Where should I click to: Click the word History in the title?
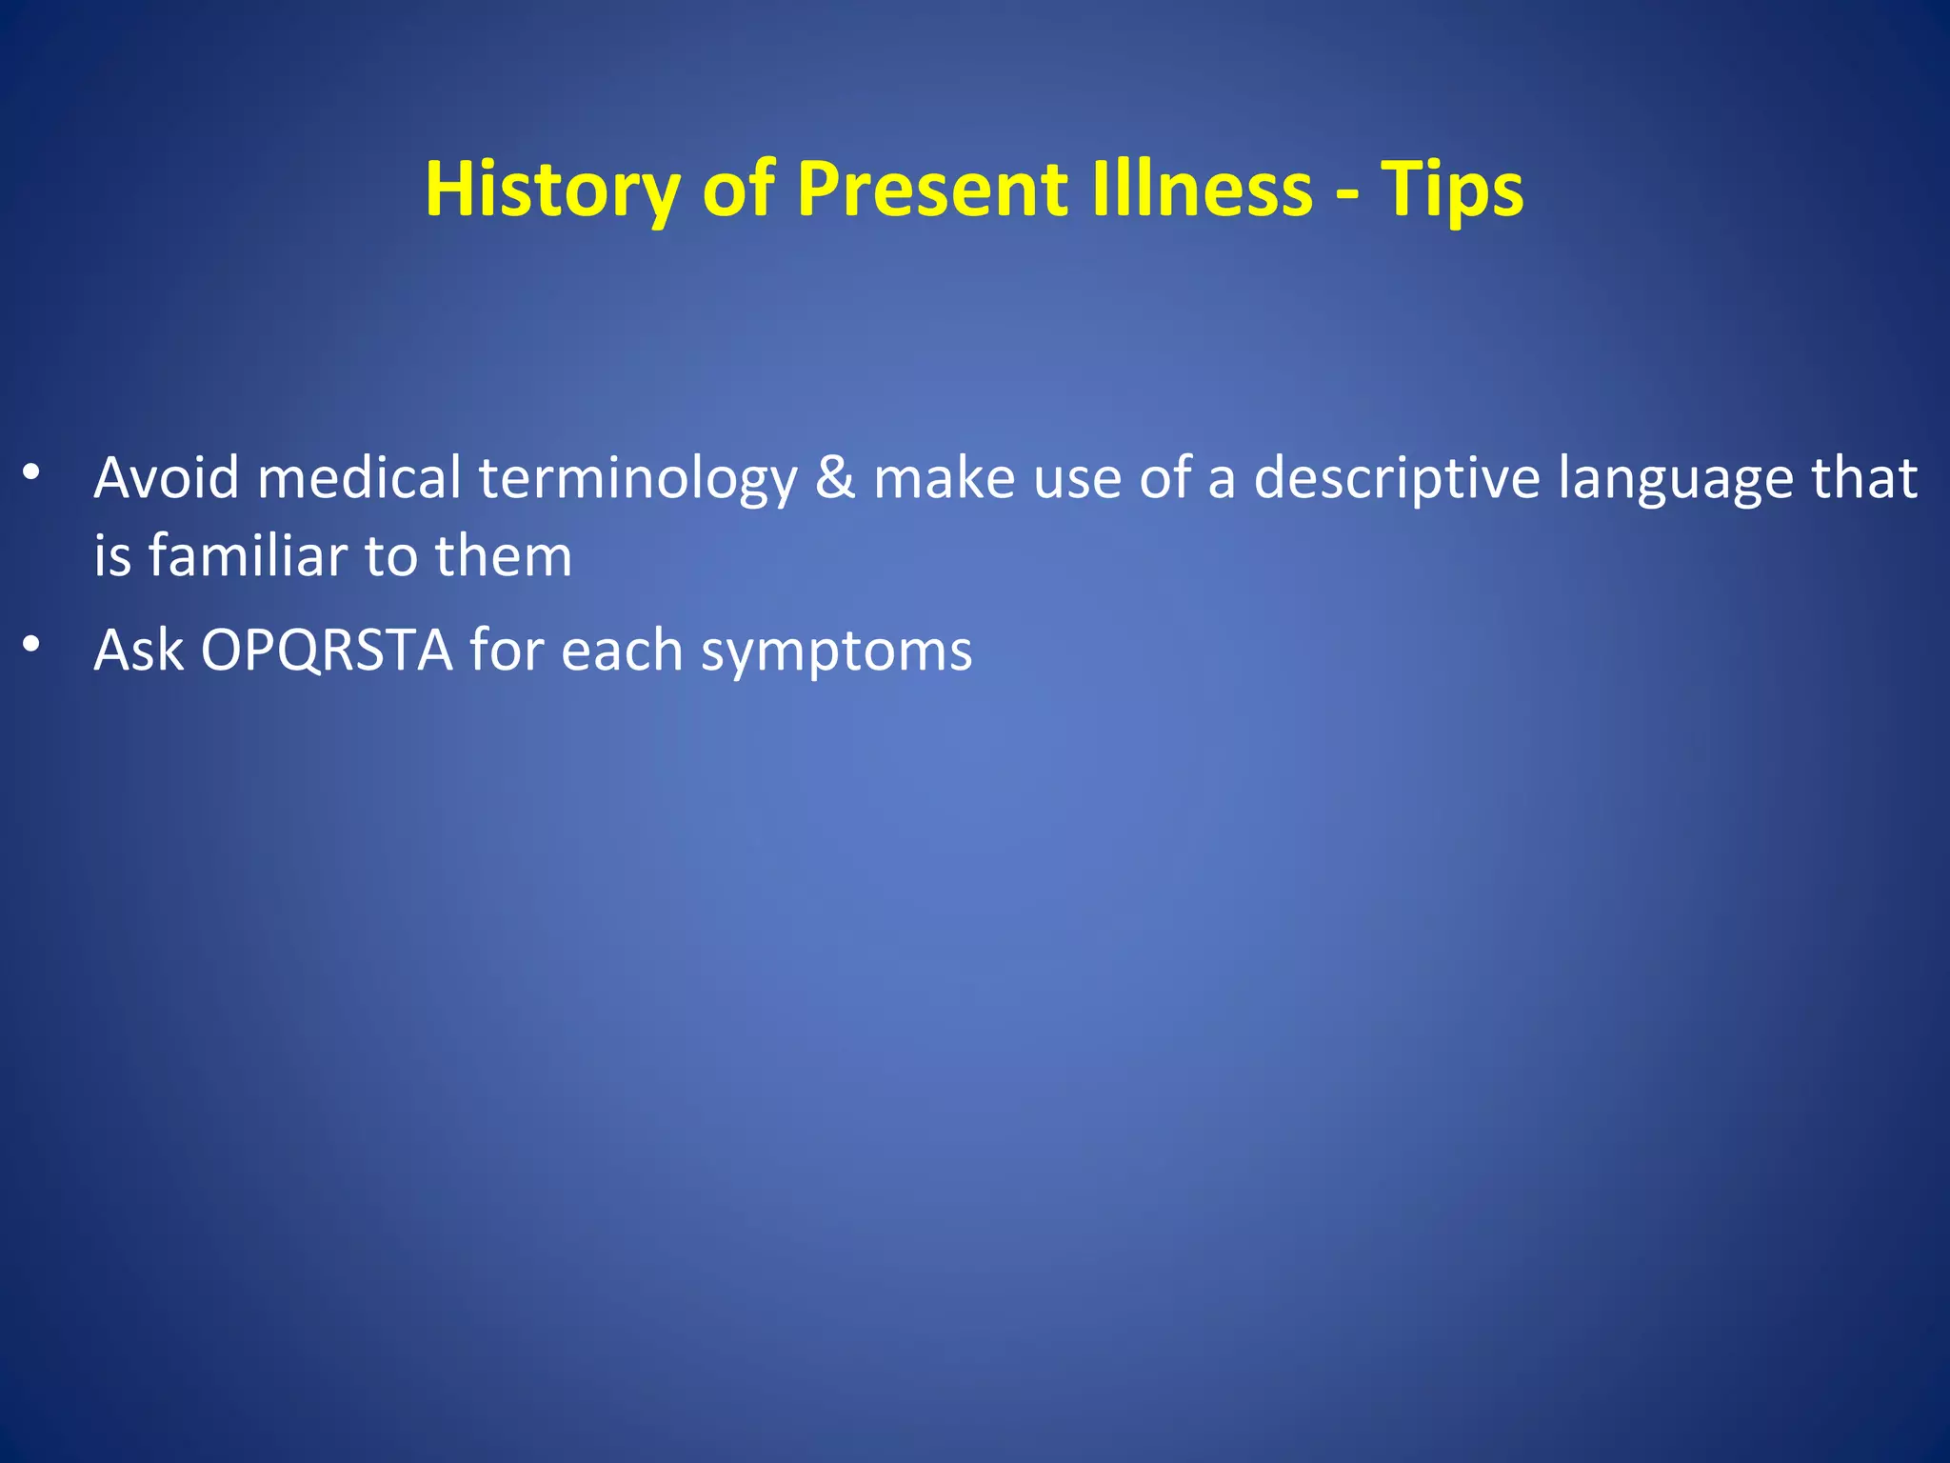(x=551, y=190)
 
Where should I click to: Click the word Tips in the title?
(x=1451, y=190)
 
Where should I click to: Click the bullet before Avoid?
(x=31, y=471)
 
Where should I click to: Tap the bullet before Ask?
(x=31, y=645)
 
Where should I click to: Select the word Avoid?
(x=166, y=477)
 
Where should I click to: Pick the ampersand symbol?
(x=835, y=477)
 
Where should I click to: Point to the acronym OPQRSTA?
(x=327, y=651)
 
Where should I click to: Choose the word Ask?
(x=138, y=651)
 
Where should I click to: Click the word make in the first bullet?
(x=944, y=477)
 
